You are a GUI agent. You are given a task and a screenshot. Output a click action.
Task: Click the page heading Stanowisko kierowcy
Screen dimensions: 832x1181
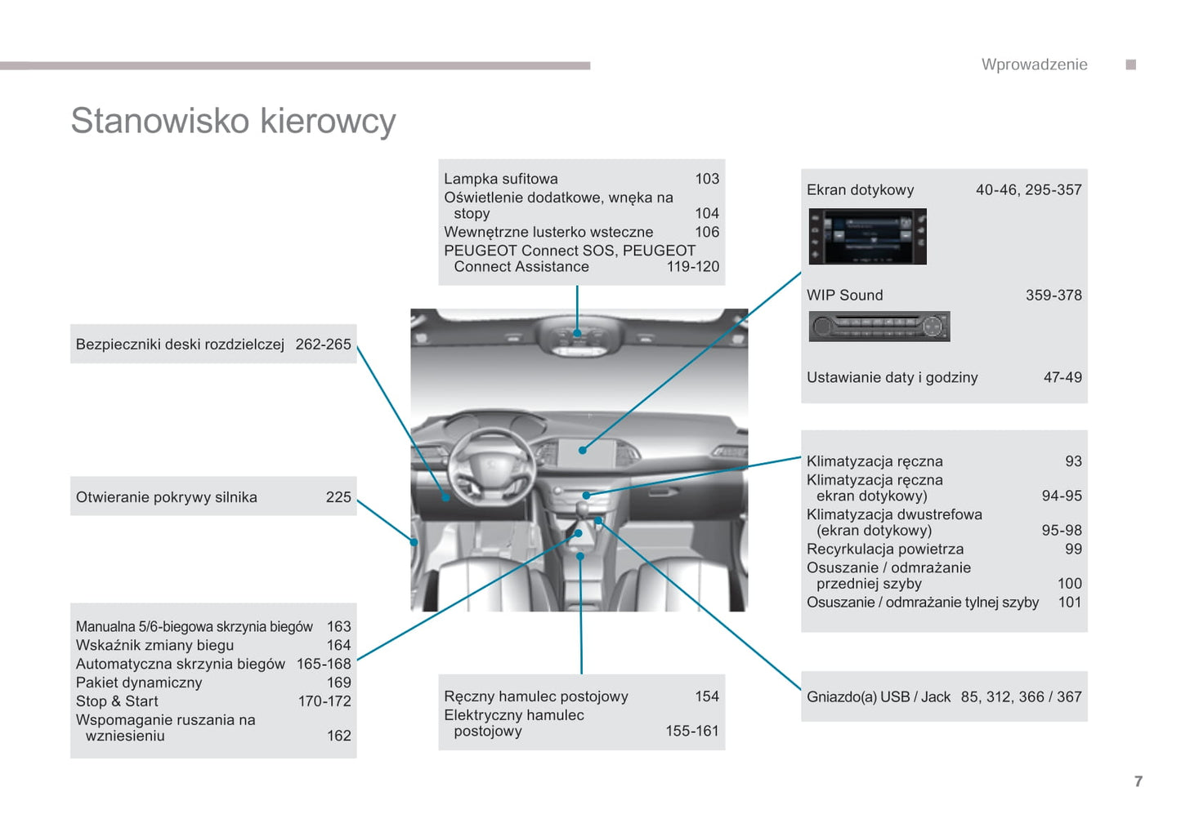coord(233,121)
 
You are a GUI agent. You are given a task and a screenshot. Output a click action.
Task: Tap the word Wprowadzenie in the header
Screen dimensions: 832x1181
coord(1034,65)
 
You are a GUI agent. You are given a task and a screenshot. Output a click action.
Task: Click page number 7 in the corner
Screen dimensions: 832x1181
coord(1138,781)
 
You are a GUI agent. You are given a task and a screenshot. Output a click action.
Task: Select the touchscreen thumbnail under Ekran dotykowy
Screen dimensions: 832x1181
coord(867,237)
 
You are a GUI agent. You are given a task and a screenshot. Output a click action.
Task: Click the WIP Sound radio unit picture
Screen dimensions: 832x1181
coord(879,327)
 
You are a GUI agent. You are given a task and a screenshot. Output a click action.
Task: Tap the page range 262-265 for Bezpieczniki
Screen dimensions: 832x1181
coord(323,345)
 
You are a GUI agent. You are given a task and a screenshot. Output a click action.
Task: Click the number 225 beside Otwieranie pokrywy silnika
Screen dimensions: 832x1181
coord(338,497)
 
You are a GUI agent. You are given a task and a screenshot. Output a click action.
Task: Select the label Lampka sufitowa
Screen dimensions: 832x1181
coord(500,179)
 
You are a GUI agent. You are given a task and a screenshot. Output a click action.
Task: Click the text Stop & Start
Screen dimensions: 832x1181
coord(117,701)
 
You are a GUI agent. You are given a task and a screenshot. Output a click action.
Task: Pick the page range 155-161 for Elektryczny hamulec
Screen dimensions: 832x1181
coord(691,731)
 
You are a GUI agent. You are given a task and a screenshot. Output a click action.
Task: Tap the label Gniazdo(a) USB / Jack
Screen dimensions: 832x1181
coord(879,697)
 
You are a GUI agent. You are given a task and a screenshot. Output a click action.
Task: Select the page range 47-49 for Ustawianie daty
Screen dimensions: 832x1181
coord(1062,377)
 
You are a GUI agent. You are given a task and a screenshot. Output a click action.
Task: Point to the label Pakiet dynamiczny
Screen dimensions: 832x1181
coord(139,683)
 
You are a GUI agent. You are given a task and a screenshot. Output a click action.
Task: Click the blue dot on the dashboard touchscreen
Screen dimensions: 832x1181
coord(583,450)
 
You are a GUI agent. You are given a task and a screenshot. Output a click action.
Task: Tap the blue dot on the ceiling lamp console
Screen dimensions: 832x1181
coord(577,333)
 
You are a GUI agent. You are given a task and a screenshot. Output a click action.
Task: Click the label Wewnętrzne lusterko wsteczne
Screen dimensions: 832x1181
coord(548,232)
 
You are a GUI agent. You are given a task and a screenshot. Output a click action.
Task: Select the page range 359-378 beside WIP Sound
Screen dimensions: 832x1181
coord(1053,296)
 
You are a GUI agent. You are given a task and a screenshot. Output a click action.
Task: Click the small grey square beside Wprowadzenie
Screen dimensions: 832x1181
coord(1130,65)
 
